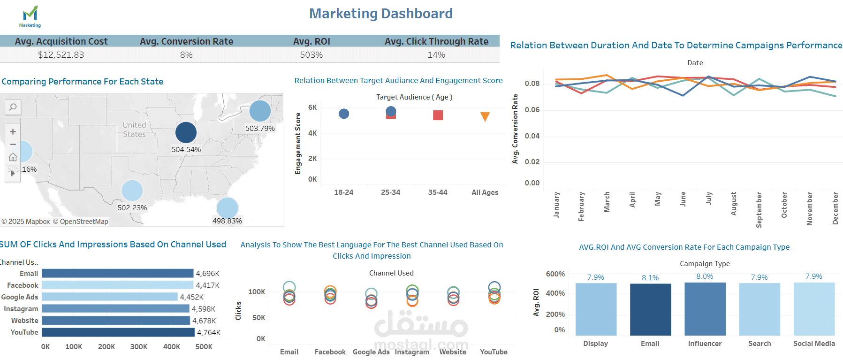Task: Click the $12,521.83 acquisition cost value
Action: [x=61, y=55]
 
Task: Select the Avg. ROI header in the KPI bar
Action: [x=311, y=41]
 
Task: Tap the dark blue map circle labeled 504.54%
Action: [x=186, y=132]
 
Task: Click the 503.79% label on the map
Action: [x=260, y=128]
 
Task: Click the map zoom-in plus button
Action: [x=13, y=132]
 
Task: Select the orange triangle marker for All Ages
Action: [x=485, y=116]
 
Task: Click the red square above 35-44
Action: [x=438, y=115]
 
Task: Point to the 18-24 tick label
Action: [x=343, y=192]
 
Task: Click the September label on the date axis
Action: [x=759, y=209]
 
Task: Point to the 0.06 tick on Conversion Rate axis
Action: [x=532, y=110]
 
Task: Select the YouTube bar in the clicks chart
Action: [x=118, y=332]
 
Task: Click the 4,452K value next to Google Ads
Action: [x=192, y=297]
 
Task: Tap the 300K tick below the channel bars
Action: [x=138, y=347]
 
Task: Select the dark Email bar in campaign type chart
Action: [x=650, y=309]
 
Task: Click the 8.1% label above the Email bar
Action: [x=650, y=278]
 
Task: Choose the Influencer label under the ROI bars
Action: [x=705, y=344]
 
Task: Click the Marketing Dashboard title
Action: [x=381, y=14]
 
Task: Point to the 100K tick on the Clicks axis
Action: [x=257, y=292]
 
